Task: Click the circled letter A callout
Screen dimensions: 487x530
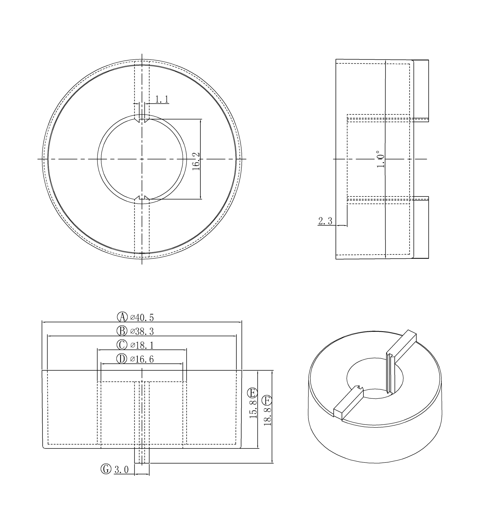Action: click(122, 317)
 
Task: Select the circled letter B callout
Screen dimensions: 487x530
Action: click(122, 331)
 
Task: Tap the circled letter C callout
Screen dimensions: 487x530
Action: click(122, 345)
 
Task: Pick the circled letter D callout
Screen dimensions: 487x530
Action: click(122, 359)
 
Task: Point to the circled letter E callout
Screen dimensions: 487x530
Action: click(252, 393)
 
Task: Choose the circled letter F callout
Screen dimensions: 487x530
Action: click(267, 401)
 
